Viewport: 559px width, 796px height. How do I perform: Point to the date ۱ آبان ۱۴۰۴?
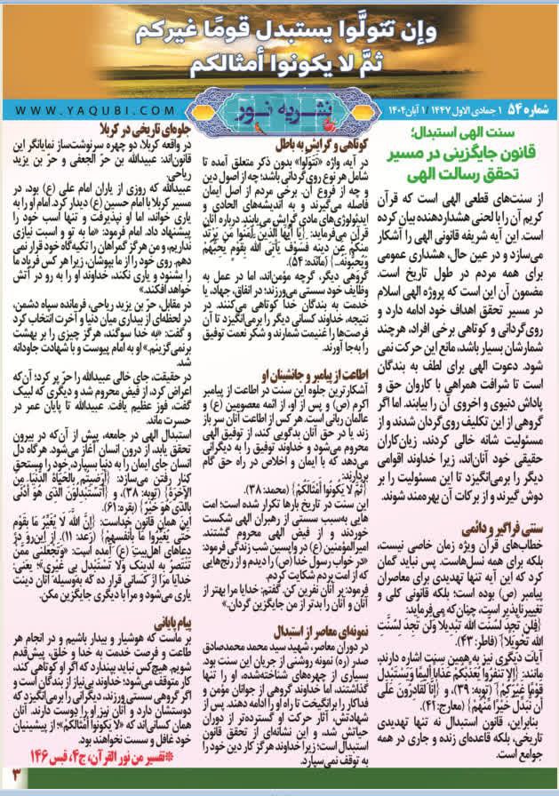pyautogui.click(x=372, y=109)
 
